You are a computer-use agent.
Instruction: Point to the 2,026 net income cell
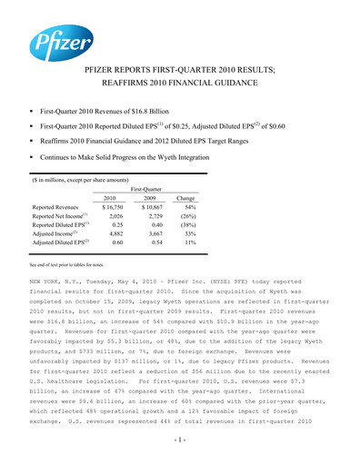[110, 218]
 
